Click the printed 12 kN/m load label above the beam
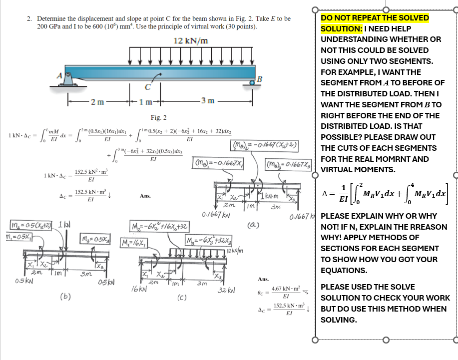pos(191,40)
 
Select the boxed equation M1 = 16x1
pos(134,243)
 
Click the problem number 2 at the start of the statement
pos(29,18)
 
